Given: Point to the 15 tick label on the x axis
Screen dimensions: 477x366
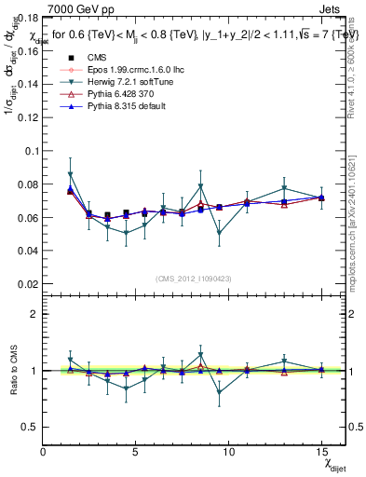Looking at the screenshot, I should coord(321,453).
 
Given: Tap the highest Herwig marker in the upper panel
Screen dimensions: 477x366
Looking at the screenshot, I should coord(71,174).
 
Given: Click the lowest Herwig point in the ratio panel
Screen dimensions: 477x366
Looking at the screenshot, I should coord(219,392).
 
